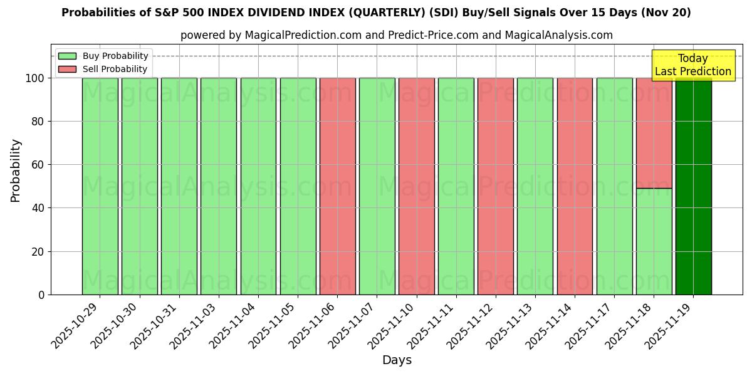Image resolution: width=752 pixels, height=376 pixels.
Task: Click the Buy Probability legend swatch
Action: (x=67, y=56)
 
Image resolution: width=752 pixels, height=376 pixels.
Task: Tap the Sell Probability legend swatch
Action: (x=67, y=70)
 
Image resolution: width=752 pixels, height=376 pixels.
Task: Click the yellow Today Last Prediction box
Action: (x=692, y=65)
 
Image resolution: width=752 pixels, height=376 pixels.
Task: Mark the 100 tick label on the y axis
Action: (x=35, y=78)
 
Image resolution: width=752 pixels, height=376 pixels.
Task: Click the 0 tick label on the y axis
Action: (x=41, y=295)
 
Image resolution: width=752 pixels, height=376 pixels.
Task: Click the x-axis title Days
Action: (x=397, y=360)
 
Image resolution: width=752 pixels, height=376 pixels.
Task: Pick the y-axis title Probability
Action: (x=16, y=170)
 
